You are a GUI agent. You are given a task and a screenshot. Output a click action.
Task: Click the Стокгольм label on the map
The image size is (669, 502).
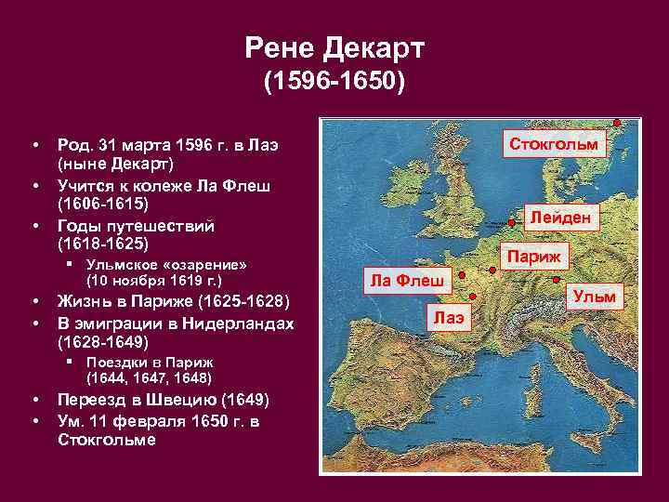pyautogui.click(x=555, y=144)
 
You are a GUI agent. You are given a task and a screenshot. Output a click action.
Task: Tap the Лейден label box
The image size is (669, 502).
pyautogui.click(x=560, y=218)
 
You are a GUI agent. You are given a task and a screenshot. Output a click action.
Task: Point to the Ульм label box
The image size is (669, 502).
pyautogui.click(x=594, y=297)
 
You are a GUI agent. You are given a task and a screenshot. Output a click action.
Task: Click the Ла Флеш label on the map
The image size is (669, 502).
pyautogui.click(x=406, y=280)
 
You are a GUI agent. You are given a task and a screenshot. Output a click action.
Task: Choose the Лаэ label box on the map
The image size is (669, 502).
pyautogui.click(x=449, y=317)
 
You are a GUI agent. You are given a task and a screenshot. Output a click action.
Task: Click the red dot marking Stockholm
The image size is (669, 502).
pyautogui.click(x=617, y=123)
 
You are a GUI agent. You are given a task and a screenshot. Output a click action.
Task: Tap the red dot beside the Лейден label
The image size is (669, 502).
pyautogui.click(x=515, y=222)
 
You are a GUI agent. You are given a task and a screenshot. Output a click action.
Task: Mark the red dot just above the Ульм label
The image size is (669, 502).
pyautogui.click(x=556, y=280)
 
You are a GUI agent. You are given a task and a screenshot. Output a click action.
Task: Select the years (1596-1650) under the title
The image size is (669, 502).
pyautogui.click(x=334, y=83)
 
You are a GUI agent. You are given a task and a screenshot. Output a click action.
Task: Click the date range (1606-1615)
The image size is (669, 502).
pyautogui.click(x=102, y=202)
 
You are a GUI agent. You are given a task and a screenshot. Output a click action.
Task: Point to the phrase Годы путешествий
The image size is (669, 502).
pyautogui.click(x=136, y=226)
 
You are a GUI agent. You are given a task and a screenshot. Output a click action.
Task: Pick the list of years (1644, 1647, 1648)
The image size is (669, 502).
pyautogui.click(x=149, y=377)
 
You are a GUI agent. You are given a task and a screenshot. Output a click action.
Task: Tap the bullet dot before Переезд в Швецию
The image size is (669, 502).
pyautogui.click(x=34, y=400)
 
